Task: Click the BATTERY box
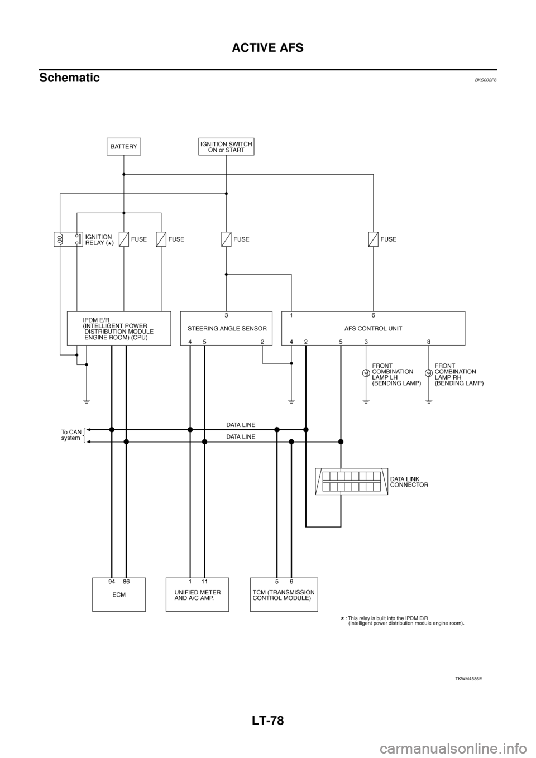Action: [123, 147]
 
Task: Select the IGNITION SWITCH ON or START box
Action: [226, 147]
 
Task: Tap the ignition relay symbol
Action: [68, 239]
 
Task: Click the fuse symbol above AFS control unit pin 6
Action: [373, 239]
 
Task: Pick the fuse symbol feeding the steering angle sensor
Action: [226, 239]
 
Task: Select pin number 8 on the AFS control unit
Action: [428, 341]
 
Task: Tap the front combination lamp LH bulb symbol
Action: [366, 373]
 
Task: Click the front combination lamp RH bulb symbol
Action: [428, 373]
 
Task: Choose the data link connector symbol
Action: [350, 481]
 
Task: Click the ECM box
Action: [118, 595]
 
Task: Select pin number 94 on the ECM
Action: [112, 582]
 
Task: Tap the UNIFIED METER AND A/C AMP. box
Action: [197, 595]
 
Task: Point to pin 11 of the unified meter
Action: [204, 582]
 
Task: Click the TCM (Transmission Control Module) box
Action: [284, 595]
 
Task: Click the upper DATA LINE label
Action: [241, 425]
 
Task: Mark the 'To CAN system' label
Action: [71, 435]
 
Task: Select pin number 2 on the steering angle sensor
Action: [262, 341]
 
